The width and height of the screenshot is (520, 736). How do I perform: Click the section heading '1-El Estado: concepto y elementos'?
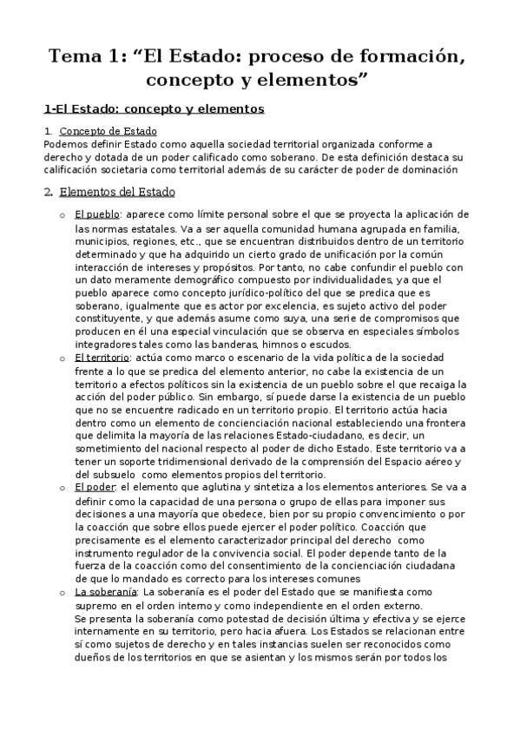(154, 109)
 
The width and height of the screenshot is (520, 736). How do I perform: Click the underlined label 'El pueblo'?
(96, 214)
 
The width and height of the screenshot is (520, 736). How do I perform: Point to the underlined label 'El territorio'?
(102, 358)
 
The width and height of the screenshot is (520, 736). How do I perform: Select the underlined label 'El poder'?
(94, 488)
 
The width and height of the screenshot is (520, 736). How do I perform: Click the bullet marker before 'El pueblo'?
(61, 215)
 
